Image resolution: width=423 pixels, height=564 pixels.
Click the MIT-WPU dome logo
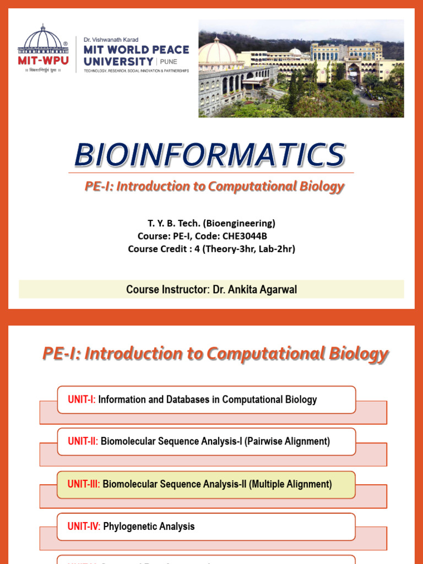pos(43,40)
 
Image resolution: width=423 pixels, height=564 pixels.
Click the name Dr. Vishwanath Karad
pos(111,40)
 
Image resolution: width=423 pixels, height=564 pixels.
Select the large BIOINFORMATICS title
pos(210,155)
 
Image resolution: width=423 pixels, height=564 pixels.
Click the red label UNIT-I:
pos(82,399)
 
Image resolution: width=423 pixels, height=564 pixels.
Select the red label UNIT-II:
pos(83,441)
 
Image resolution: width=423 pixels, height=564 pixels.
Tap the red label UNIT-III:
pos(84,484)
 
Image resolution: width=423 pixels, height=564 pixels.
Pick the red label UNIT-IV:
pos(84,526)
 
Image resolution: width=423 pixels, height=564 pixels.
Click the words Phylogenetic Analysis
pos(149,526)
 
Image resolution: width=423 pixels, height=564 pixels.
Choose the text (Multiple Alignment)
pos(290,484)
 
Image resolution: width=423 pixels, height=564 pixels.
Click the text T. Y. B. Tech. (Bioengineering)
pos(211,223)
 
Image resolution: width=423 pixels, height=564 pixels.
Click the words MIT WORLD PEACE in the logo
pos(136,50)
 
